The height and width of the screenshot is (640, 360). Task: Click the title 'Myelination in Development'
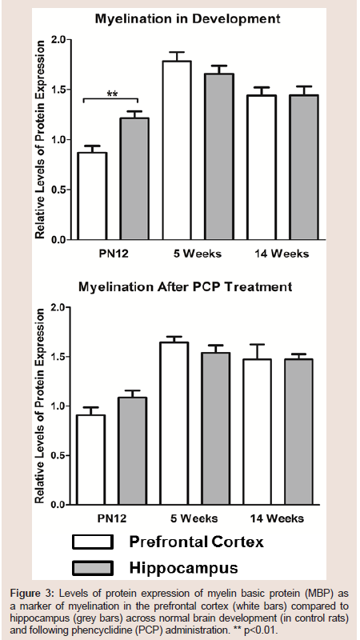pos(187,18)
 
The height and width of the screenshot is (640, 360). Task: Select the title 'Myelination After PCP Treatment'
pos(185,286)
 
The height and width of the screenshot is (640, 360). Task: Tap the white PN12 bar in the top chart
pos(93,196)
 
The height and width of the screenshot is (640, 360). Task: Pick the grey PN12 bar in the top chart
pos(134,178)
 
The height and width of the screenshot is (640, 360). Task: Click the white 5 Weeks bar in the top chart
pos(177,150)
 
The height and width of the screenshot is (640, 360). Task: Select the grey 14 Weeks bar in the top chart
pos(304,167)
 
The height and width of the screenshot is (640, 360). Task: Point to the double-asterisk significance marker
pos(112,94)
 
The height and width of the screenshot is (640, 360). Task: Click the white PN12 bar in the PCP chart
pos(90,459)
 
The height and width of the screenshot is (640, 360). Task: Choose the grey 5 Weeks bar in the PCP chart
pos(215,429)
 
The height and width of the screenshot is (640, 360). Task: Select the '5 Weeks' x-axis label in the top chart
pos(198,254)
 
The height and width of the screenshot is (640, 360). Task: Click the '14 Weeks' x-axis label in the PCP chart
pos(277,518)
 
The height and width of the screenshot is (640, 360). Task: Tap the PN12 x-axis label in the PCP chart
pos(111,518)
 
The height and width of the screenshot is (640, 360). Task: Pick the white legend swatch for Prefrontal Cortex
pos(93,542)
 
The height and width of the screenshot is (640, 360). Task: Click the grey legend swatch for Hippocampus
pos(93,568)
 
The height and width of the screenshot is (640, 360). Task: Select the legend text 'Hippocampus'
pos(183,569)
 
